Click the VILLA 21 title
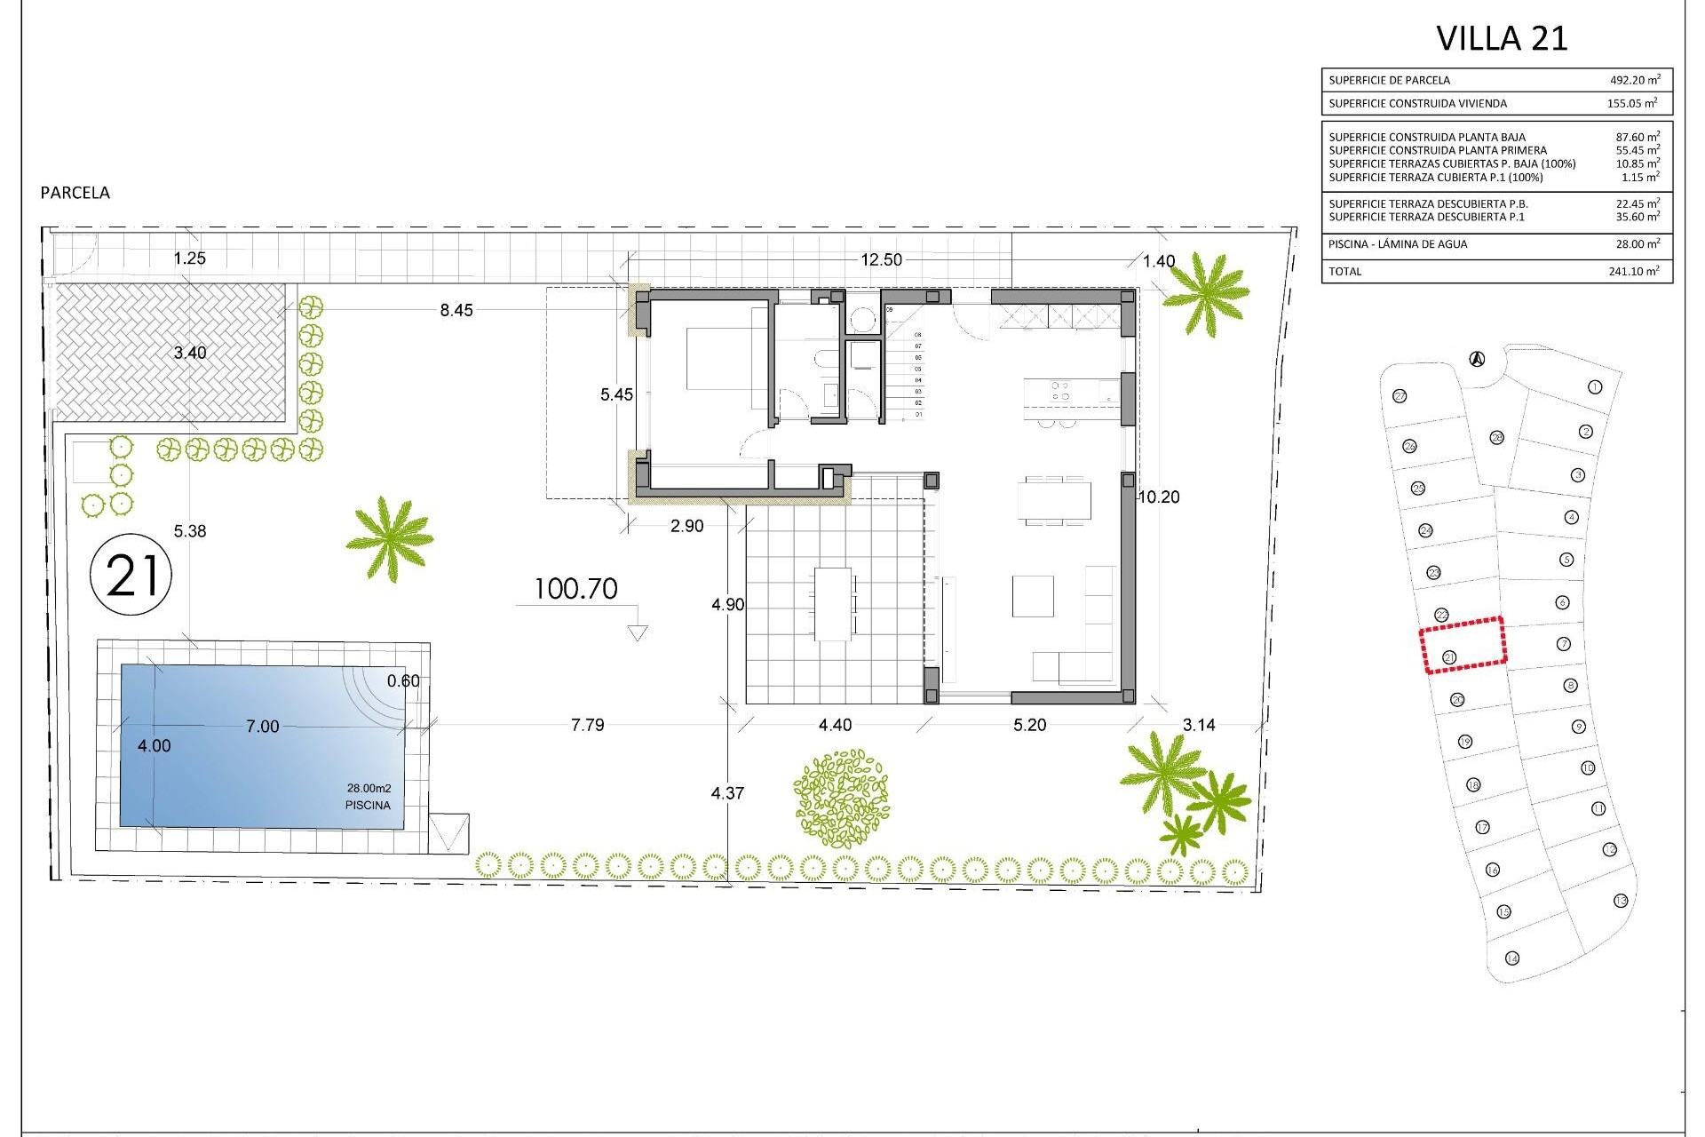(1502, 38)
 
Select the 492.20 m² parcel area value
(1634, 80)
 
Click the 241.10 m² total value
(1633, 271)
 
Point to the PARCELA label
(75, 193)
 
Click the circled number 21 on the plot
(131, 575)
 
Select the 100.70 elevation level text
(575, 589)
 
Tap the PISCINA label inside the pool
(368, 806)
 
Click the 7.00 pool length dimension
(262, 727)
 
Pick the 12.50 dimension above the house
(881, 259)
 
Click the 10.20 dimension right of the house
(1159, 497)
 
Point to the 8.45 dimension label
(456, 310)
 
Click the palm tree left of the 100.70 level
(389, 538)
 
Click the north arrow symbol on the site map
(1476, 359)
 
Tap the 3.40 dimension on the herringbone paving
(189, 353)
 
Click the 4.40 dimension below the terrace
(834, 725)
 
